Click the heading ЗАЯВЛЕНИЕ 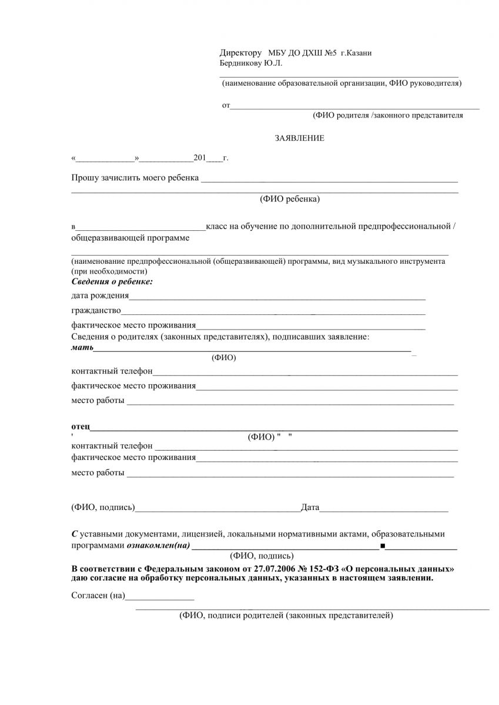tap(299, 139)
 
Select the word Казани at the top tap(360, 53)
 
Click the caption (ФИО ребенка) tap(290, 199)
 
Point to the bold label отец tap(81, 425)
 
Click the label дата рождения tap(100, 295)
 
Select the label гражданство tap(96, 310)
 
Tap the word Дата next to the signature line tap(310, 506)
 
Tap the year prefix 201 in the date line tap(200, 158)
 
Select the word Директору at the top tap(240, 53)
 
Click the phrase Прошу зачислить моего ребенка tap(135, 178)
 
